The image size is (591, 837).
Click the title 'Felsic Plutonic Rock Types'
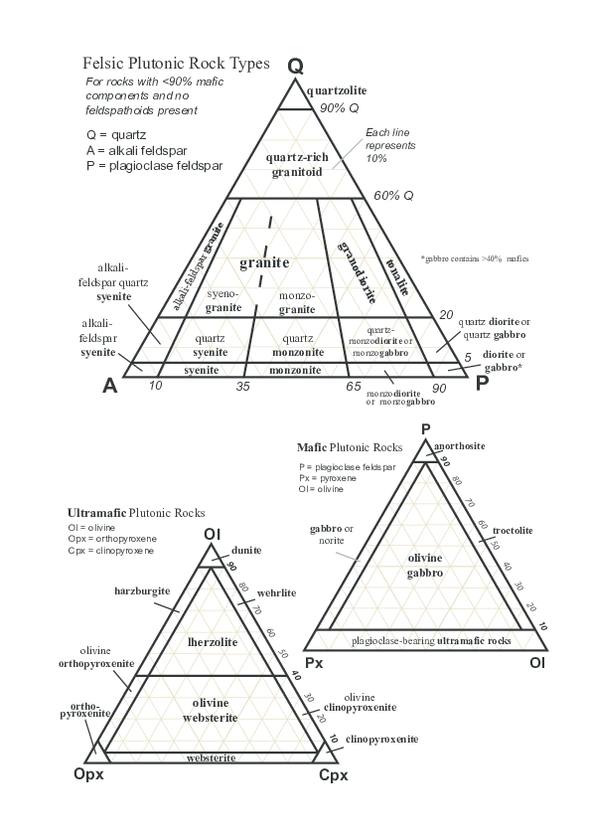pyautogui.click(x=176, y=63)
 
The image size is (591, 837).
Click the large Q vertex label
pyautogui.click(x=295, y=67)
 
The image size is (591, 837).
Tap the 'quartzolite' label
pyautogui.click(x=338, y=90)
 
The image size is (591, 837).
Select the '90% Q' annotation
pyautogui.click(x=339, y=108)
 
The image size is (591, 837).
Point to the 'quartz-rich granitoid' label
pyautogui.click(x=295, y=165)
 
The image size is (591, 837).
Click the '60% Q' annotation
pyautogui.click(x=393, y=196)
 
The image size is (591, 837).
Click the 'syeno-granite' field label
pyautogui.click(x=223, y=301)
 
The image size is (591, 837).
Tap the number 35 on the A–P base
pyautogui.click(x=242, y=386)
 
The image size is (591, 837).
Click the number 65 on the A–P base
pyautogui.click(x=353, y=386)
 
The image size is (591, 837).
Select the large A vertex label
pyautogui.click(x=111, y=387)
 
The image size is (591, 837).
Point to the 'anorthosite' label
pyautogui.click(x=460, y=446)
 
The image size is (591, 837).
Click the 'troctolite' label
pyautogui.click(x=513, y=531)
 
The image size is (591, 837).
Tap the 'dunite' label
pyautogui.click(x=246, y=550)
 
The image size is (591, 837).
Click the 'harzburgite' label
pyautogui.click(x=142, y=590)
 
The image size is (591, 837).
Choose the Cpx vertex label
pyautogui.click(x=333, y=774)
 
